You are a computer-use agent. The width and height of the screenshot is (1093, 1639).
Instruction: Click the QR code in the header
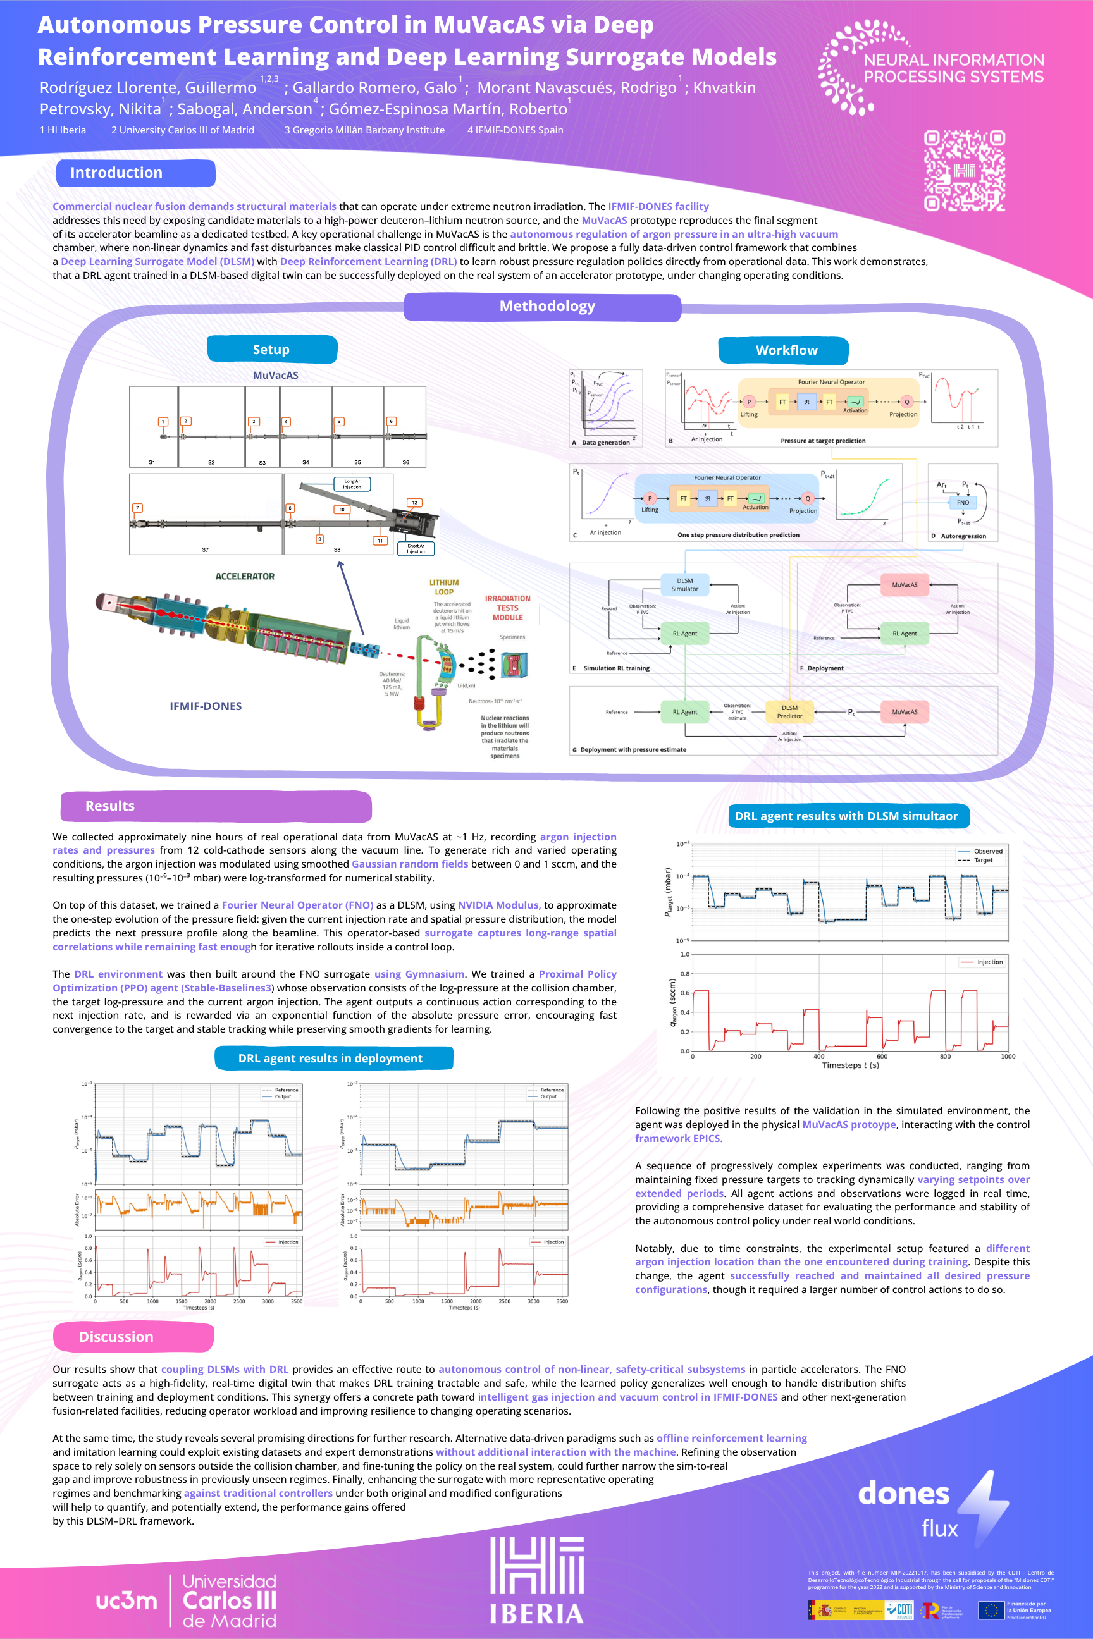click(x=964, y=170)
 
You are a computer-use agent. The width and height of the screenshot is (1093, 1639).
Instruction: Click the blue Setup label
click(x=272, y=349)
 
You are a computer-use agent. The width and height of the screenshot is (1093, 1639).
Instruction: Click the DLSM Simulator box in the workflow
click(x=684, y=585)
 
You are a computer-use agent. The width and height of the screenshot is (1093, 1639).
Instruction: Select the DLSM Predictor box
click(x=789, y=711)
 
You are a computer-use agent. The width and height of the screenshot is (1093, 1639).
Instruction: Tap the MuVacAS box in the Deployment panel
click(x=904, y=585)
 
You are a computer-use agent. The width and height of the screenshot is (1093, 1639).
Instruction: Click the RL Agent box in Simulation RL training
click(x=684, y=634)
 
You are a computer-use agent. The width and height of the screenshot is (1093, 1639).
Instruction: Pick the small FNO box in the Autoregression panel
click(x=963, y=503)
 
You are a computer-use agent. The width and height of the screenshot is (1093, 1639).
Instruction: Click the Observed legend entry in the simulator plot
click(x=987, y=851)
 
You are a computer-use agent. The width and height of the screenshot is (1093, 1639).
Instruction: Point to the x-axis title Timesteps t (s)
click(x=849, y=1065)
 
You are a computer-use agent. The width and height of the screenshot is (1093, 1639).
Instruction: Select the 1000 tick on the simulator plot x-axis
click(x=1007, y=1057)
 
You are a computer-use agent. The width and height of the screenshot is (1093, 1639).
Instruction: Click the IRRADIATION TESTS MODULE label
click(x=507, y=608)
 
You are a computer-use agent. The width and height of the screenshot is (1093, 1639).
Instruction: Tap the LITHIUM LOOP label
click(x=444, y=587)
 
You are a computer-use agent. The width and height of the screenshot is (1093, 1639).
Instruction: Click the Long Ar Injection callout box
click(x=352, y=484)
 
